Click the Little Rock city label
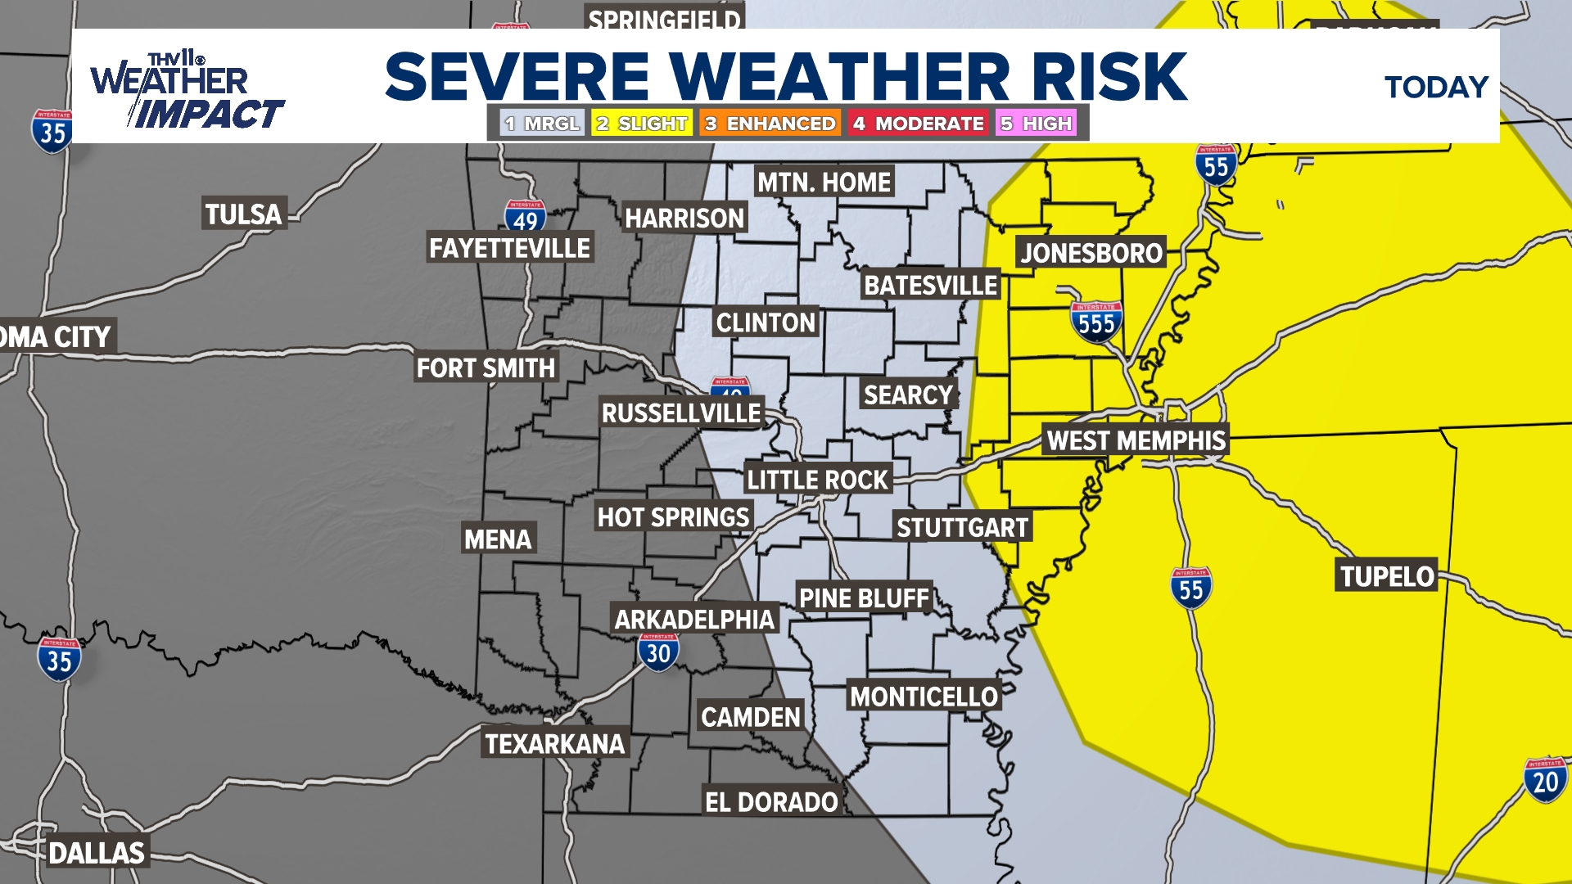pos(817,480)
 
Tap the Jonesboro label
pos(1091,253)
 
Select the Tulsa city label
pos(243,214)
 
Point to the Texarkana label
pos(554,744)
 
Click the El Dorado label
pos(771,802)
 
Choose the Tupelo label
pos(1387,576)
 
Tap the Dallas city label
pos(97,853)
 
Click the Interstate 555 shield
pos(1095,322)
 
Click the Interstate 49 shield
pos(525,218)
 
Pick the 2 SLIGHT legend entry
pos(642,124)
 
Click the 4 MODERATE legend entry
pos(918,124)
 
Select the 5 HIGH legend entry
pos(1036,124)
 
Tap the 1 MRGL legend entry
pos(542,124)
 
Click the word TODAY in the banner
pos(1436,88)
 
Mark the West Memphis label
pos(1136,440)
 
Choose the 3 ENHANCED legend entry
pos(770,124)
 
